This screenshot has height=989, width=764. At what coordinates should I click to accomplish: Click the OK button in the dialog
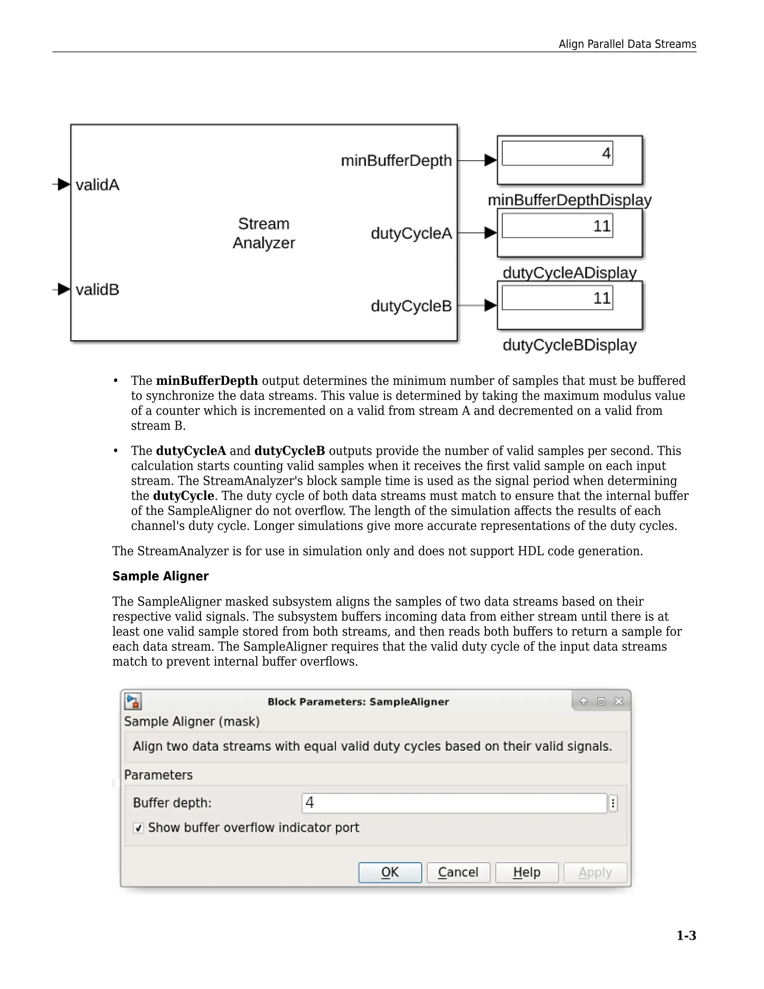pyautogui.click(x=390, y=872)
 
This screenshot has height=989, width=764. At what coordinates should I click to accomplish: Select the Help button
pyautogui.click(x=526, y=872)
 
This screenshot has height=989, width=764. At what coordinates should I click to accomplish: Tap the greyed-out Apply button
pyautogui.click(x=595, y=872)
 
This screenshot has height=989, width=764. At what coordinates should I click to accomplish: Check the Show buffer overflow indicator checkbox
pyautogui.click(x=138, y=828)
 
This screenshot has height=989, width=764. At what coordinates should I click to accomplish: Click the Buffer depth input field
pyautogui.click(x=454, y=803)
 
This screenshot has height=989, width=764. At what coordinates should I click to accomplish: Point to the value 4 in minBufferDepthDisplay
pyautogui.click(x=605, y=153)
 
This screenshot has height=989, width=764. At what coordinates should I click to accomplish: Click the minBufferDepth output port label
pyautogui.click(x=396, y=160)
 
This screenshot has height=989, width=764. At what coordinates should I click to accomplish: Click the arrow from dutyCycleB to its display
pyautogui.click(x=478, y=305)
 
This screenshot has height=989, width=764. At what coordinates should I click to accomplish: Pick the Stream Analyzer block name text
pyautogui.click(x=263, y=233)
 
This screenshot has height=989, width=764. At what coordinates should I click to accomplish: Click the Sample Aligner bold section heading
pyautogui.click(x=160, y=576)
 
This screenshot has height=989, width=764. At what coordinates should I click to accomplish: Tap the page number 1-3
pyautogui.click(x=686, y=936)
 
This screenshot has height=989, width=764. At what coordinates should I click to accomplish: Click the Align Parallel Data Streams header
pyautogui.click(x=627, y=44)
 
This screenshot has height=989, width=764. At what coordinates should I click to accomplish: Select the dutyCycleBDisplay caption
pyautogui.click(x=569, y=345)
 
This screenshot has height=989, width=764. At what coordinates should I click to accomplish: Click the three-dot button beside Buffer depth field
pyautogui.click(x=613, y=804)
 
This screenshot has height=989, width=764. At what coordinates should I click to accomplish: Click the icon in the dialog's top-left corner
pyautogui.click(x=133, y=702)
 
